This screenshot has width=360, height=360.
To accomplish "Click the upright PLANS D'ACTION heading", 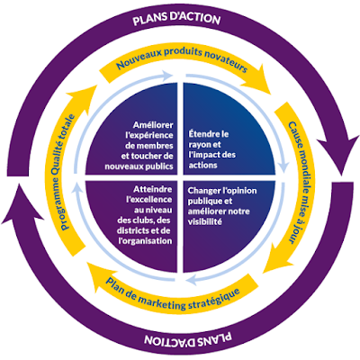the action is click(176, 19).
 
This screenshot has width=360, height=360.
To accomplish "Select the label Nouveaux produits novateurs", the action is click(182, 58).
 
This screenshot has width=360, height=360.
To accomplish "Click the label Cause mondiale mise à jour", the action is click(300, 183).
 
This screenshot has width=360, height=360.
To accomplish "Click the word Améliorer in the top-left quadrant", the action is click(153, 125).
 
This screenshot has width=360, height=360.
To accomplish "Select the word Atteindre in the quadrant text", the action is click(153, 189).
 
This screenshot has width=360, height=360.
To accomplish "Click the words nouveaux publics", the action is click(139, 166).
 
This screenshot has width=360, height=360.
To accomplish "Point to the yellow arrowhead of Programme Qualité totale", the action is click(82, 95).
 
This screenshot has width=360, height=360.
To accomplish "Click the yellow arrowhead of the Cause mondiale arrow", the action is click(278, 257).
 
